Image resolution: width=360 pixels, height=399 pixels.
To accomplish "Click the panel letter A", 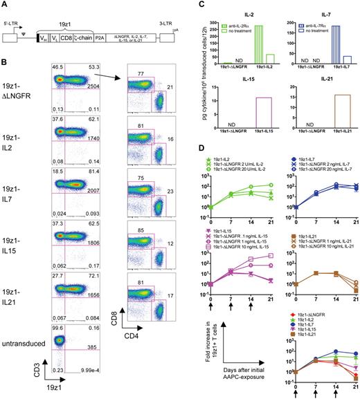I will click(5, 5).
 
